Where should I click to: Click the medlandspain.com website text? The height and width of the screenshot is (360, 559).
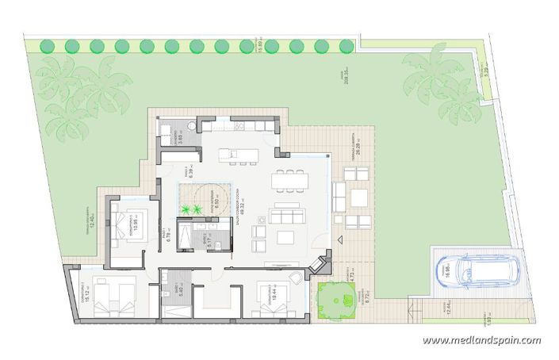pos(481,341)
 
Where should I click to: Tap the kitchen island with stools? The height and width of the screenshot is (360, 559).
pos(242,152)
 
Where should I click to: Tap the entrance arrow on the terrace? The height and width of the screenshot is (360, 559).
pos(339,239)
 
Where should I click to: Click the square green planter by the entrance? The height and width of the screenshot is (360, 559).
pos(335,299)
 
